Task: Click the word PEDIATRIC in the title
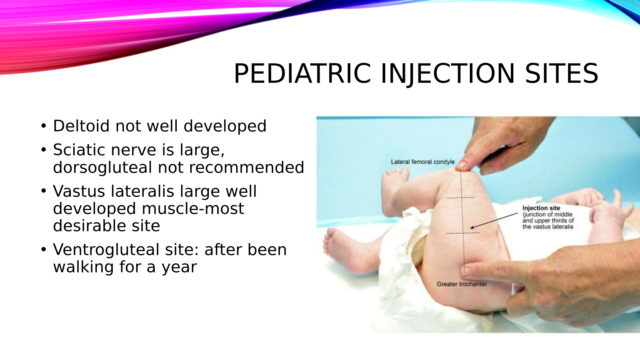tap(302, 73)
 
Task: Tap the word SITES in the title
tap(561, 73)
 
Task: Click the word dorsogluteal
tap(102, 168)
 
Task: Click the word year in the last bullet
tap(179, 268)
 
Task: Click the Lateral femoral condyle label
tap(422, 162)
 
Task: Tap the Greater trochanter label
tap(462, 284)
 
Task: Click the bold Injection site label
tap(541, 208)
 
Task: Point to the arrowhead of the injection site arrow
tap(471, 228)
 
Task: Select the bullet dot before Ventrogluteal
tap(43, 249)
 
